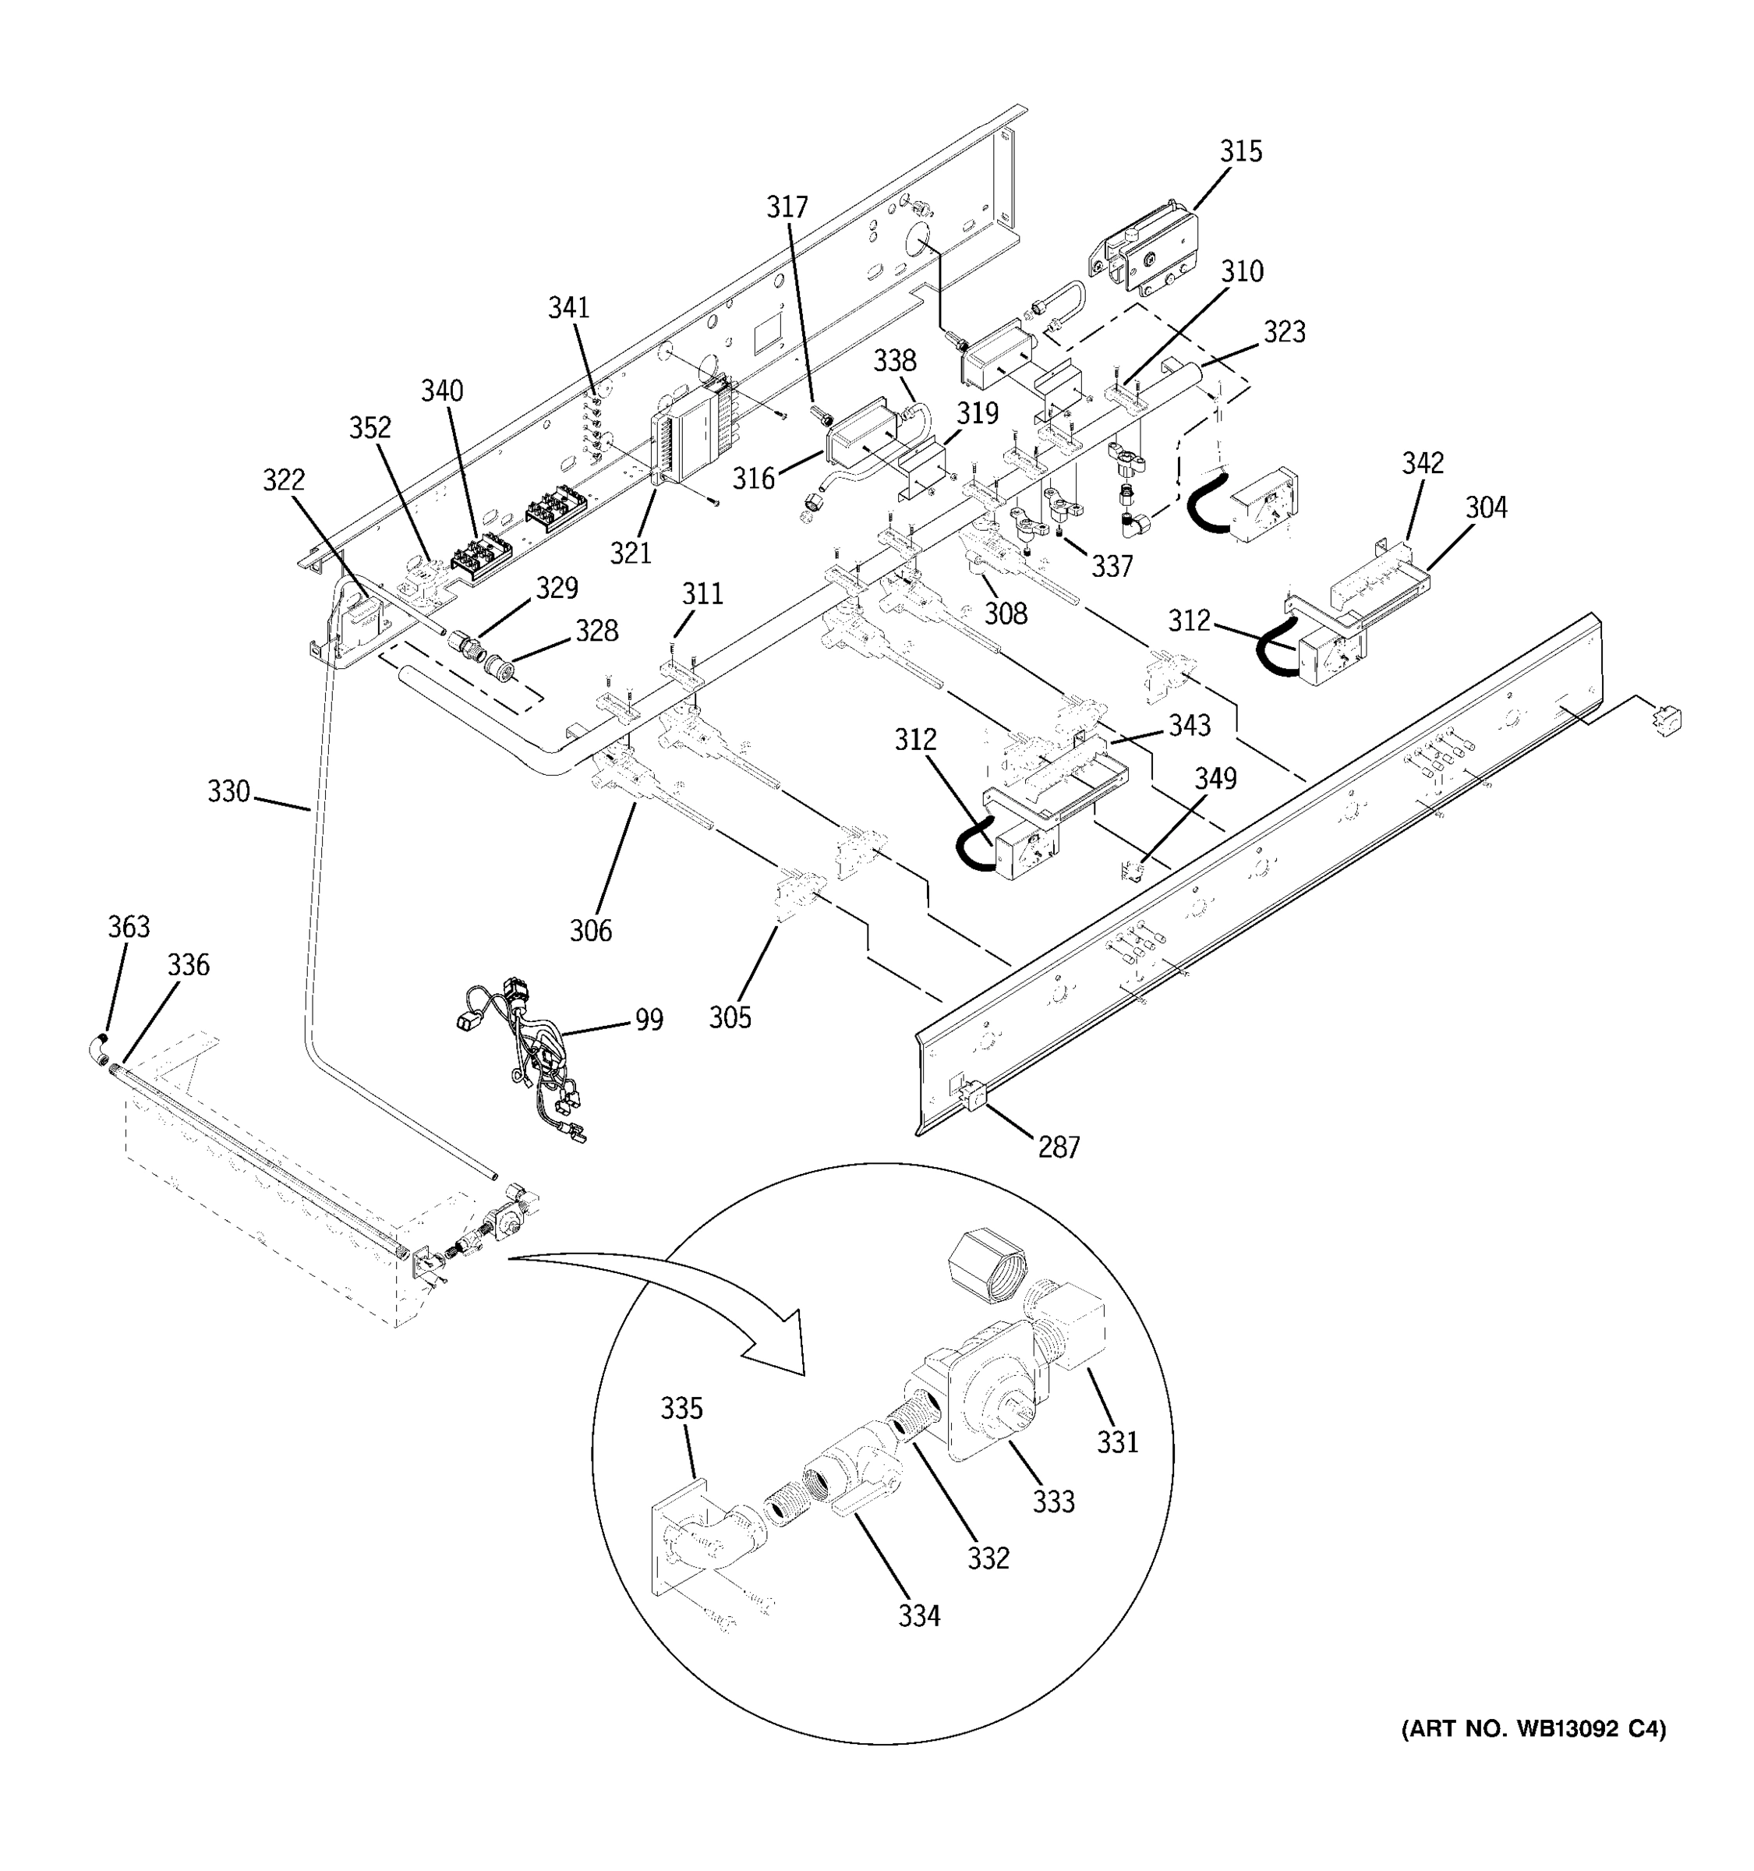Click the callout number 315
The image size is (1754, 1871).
(1240, 151)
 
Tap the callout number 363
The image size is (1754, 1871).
(128, 927)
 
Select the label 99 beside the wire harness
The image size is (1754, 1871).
(649, 1019)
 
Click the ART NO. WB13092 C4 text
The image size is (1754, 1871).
(1533, 1729)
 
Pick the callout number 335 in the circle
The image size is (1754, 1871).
(681, 1409)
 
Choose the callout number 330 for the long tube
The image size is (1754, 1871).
(228, 791)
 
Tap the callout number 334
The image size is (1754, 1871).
(918, 1616)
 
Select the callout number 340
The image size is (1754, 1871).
(441, 391)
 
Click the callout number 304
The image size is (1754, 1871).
(1486, 508)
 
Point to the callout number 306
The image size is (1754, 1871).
(590, 931)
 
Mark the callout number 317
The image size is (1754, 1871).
(787, 207)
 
